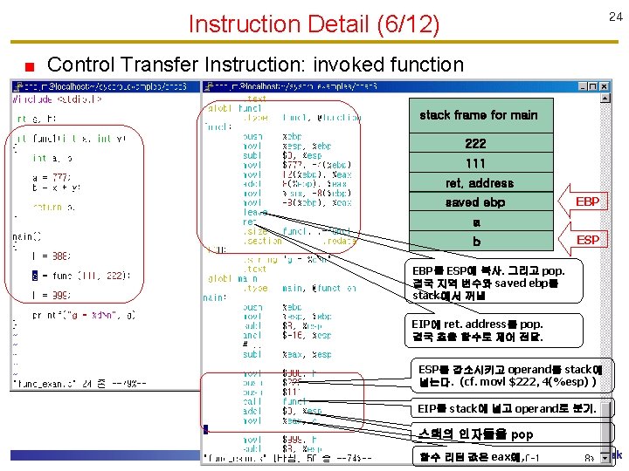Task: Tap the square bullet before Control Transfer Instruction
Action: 29,65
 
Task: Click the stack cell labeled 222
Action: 476,144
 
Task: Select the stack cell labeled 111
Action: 476,163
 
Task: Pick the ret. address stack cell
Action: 479,183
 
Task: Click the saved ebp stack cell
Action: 476,202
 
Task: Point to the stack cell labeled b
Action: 476,242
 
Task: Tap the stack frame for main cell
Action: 478,115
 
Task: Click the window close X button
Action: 603,86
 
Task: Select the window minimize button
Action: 579,86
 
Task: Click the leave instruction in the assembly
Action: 255,212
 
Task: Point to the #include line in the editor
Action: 57,99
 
